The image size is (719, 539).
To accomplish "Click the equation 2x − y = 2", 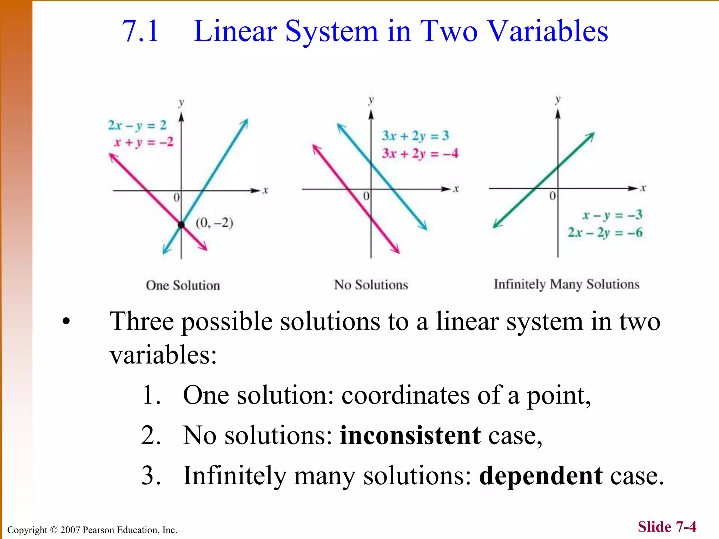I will point(137,125).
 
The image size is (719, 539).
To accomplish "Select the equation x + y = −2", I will point(144,142).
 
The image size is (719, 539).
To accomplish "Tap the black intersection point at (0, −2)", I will point(181,225).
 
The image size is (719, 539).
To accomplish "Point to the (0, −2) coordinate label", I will point(214,223).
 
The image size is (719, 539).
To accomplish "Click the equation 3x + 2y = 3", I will point(415,136).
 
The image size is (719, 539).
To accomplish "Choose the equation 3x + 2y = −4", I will point(420,153).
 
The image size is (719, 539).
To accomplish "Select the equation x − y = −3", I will point(612,215).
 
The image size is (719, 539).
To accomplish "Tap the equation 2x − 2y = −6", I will point(605,232).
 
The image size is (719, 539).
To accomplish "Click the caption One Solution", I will point(183,285).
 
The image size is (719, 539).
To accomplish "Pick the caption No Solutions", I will point(371,285).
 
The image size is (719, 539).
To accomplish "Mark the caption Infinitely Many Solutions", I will point(567,284).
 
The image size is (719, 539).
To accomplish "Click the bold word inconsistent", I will point(410,435).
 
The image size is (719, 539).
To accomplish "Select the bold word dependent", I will point(541,476).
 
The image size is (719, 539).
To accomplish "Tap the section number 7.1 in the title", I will point(140,31).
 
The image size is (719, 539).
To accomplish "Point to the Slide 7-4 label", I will point(667,527).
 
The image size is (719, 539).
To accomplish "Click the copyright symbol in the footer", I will point(53,530).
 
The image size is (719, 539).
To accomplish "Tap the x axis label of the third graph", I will point(643,188).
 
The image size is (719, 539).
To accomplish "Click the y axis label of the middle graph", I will point(371,100).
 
